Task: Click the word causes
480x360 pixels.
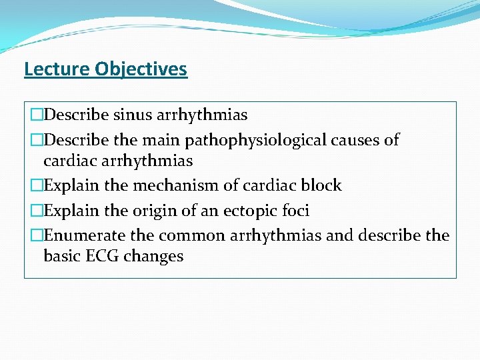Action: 358,140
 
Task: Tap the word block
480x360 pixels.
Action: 321,185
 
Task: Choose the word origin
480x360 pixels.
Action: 148,211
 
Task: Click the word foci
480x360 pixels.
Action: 294,211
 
